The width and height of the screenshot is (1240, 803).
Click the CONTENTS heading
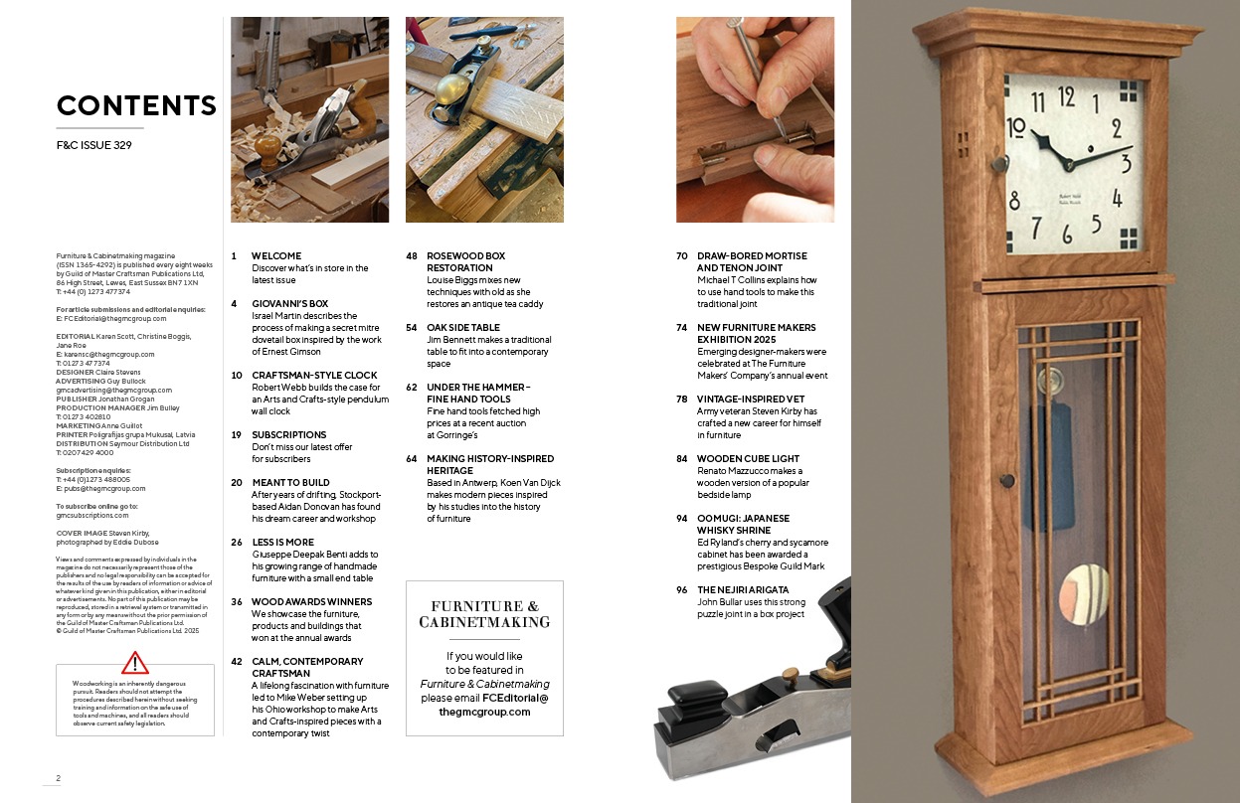click(x=136, y=105)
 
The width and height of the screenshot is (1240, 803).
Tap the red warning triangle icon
click(x=134, y=663)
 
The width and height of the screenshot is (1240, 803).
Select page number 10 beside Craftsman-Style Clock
click(x=237, y=376)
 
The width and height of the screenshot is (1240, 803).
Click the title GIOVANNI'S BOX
click(x=290, y=304)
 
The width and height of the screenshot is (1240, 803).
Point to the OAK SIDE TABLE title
click(x=463, y=328)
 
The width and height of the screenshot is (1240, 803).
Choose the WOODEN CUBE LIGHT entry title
click(x=748, y=459)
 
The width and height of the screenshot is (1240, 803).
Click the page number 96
click(x=682, y=590)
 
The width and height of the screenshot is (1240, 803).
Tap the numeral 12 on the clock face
click(x=1067, y=97)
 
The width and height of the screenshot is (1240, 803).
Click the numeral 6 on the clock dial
click(x=1067, y=234)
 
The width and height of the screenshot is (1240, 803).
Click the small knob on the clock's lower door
click(x=1007, y=480)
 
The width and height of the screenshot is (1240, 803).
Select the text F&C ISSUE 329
click(x=94, y=145)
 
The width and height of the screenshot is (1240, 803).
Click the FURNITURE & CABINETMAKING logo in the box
click(x=484, y=614)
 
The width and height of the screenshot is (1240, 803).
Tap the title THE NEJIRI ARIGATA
click(x=743, y=590)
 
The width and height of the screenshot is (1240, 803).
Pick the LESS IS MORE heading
click(x=282, y=543)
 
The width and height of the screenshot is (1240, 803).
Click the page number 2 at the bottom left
click(x=58, y=778)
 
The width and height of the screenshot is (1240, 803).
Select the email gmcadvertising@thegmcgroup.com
click(x=114, y=391)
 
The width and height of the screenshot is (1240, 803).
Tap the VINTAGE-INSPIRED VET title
click(x=751, y=399)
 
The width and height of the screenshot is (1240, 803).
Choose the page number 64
click(x=412, y=459)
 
